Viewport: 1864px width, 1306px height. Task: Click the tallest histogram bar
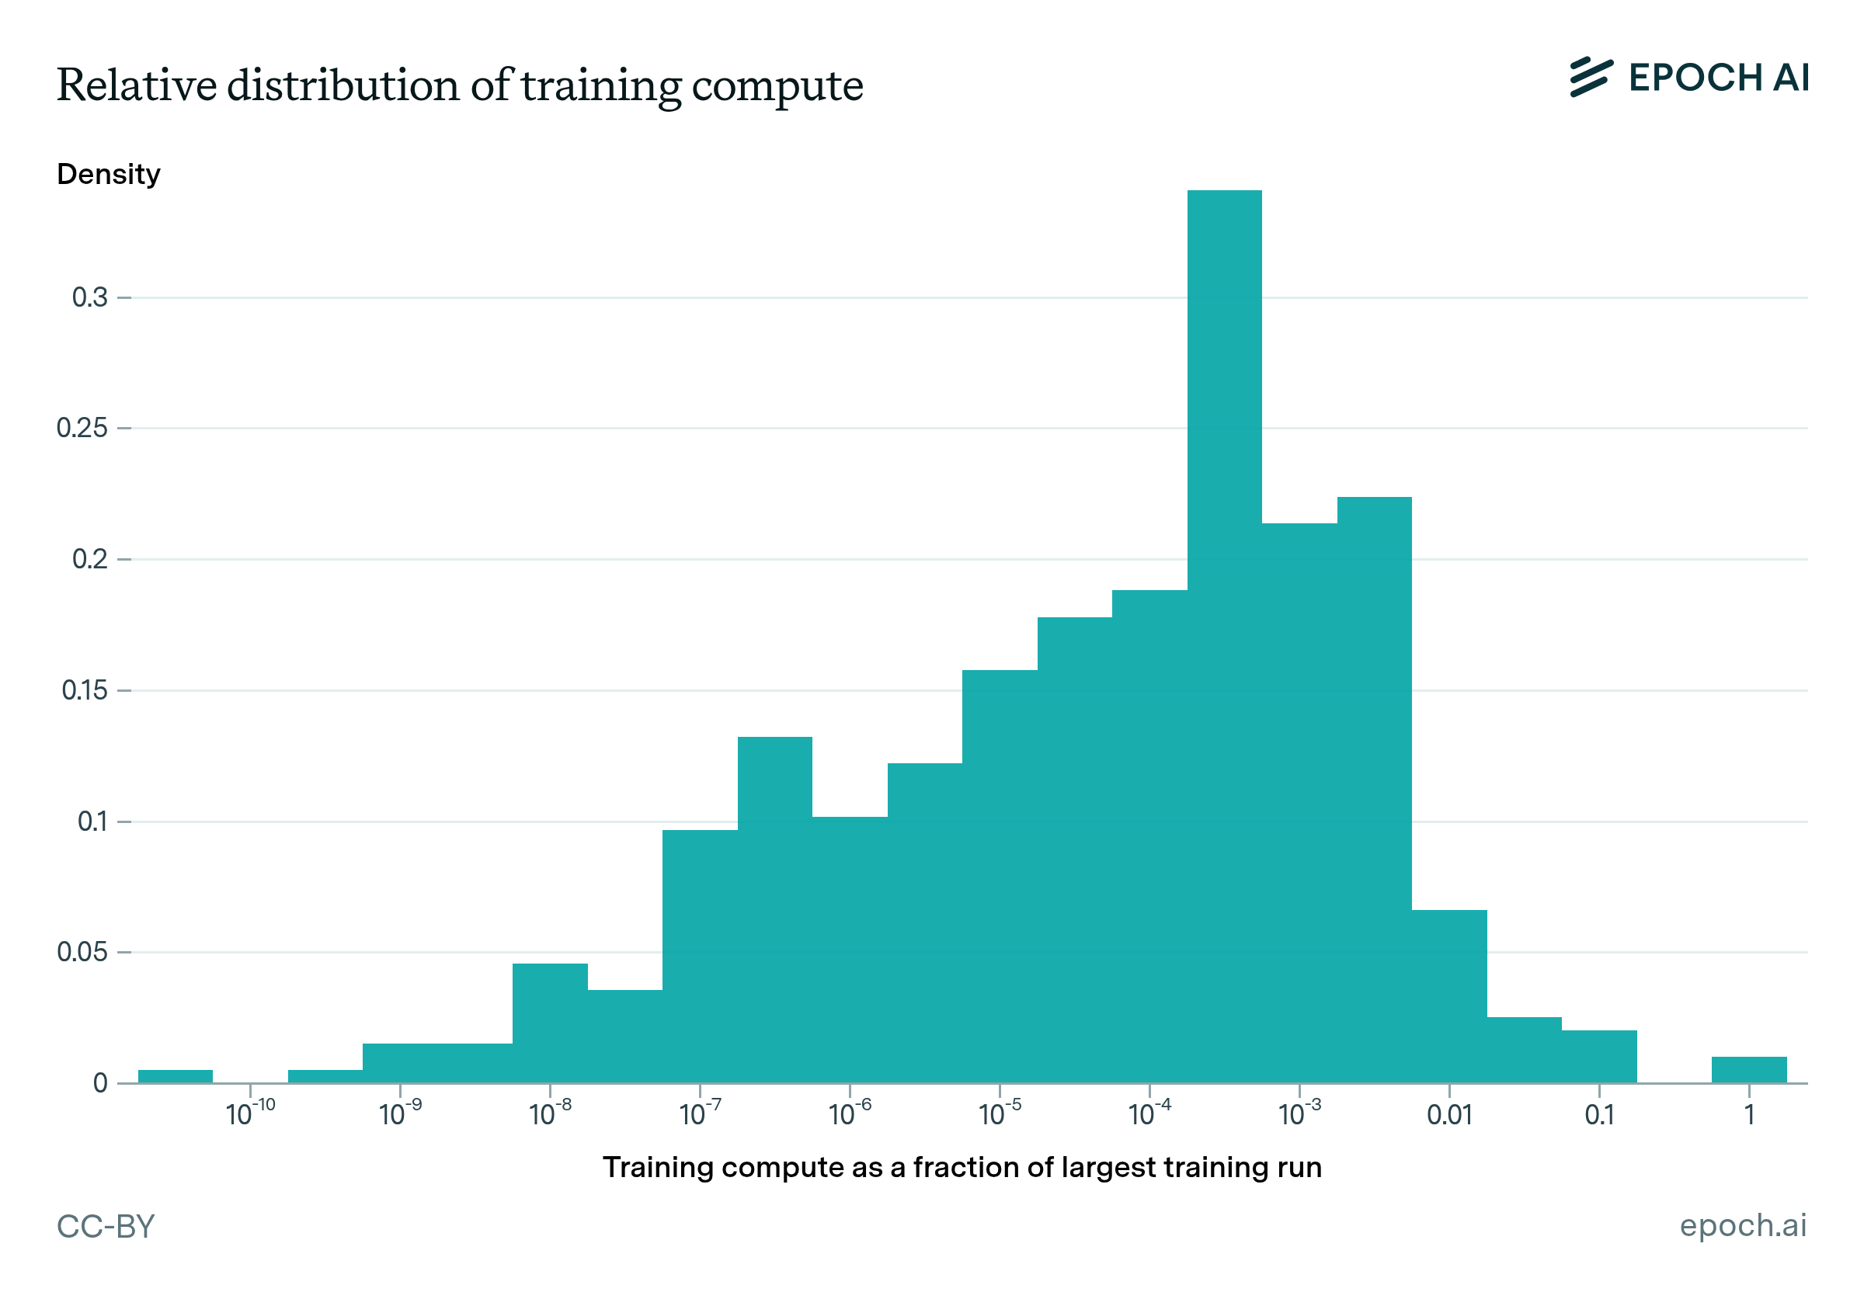(1224, 633)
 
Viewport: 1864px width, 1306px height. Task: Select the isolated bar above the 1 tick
(1749, 1069)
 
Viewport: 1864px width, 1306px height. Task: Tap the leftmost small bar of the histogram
(176, 1075)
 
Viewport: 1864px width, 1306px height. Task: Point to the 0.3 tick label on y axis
(89, 298)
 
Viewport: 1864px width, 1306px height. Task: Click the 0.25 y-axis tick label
(82, 428)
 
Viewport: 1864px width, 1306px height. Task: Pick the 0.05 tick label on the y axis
(82, 951)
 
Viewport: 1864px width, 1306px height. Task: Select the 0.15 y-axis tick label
(85, 690)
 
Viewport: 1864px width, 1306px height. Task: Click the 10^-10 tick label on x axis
(250, 1113)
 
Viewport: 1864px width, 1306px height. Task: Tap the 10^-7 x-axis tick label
(700, 1113)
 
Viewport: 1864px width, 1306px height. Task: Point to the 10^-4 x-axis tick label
(1149, 1113)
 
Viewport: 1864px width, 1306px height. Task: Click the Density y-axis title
(109, 175)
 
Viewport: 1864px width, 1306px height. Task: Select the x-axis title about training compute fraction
(962, 1167)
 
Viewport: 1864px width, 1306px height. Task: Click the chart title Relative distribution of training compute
(460, 85)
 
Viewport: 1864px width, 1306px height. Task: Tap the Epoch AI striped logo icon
(1591, 78)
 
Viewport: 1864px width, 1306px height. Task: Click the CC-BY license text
(106, 1227)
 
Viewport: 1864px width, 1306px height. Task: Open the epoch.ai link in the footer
(1742, 1226)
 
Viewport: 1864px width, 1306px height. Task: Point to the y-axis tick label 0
(100, 1083)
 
